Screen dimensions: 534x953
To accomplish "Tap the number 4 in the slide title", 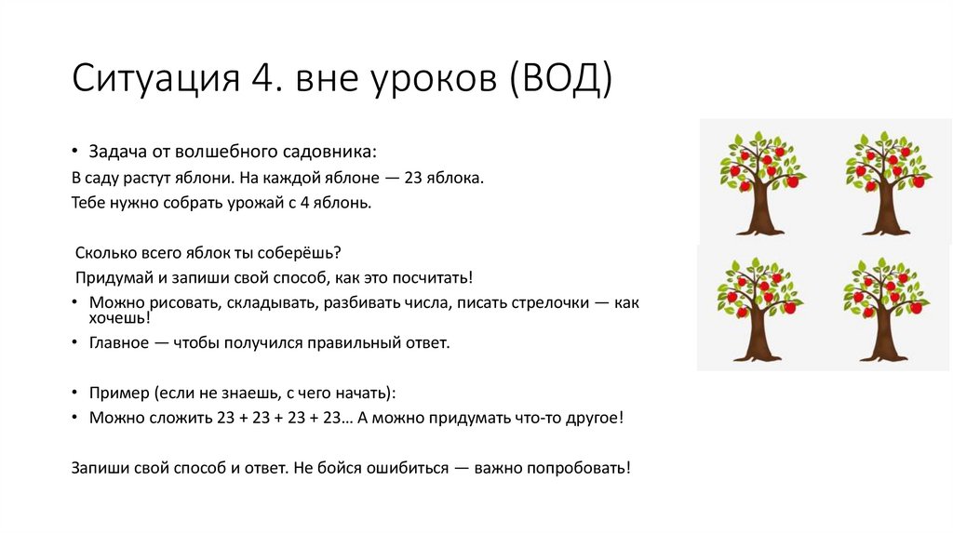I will click(x=262, y=80).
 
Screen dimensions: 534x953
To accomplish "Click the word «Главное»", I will click(x=119, y=342).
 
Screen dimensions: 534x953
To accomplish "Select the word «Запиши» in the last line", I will click(x=99, y=467).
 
